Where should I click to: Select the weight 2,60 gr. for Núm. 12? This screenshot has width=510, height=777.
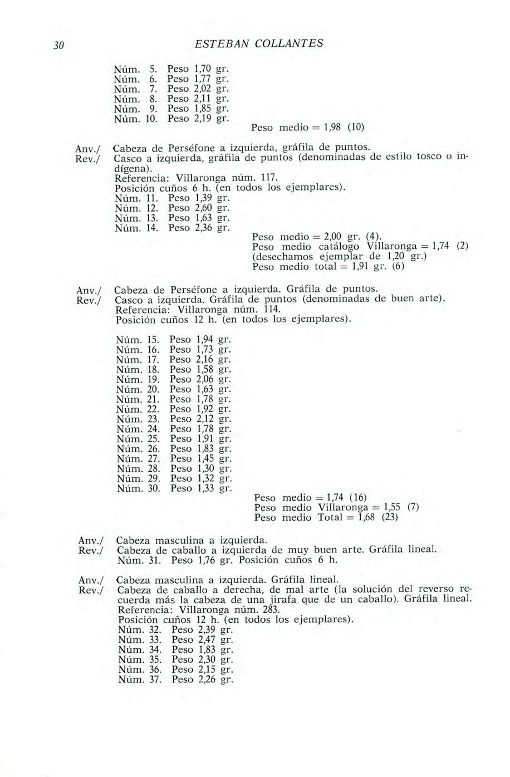tap(202, 207)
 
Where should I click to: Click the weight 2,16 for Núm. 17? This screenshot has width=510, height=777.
tap(204, 359)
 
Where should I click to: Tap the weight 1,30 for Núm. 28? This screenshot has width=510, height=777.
tap(204, 468)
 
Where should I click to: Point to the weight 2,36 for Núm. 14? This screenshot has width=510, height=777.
tap(202, 227)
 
